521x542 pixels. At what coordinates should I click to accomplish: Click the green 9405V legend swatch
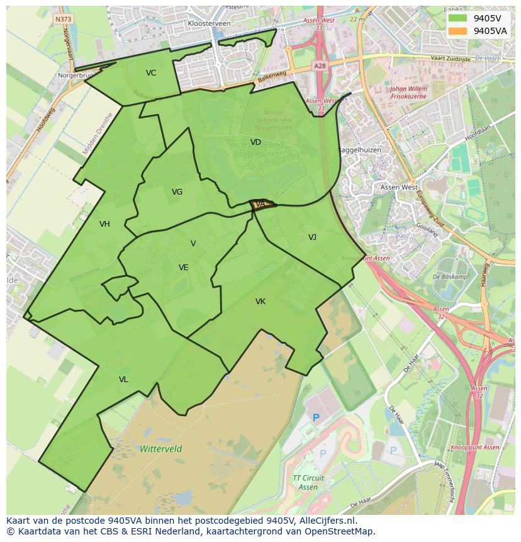coord(457,18)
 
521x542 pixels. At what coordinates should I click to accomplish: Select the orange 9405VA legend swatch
coord(457,30)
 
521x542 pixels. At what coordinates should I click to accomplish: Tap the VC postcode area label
coord(151,73)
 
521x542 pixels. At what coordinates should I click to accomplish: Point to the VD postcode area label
coord(255,142)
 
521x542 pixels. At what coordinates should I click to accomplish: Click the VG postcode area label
coord(177,192)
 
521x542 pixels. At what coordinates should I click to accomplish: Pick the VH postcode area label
coord(104,224)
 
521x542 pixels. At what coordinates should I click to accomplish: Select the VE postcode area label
coord(183,268)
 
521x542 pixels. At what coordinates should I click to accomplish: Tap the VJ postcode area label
coord(312,237)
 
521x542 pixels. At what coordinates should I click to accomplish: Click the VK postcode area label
coord(260,302)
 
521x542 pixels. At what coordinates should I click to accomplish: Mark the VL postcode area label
coord(123,380)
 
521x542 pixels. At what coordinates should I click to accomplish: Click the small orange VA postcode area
coord(262,204)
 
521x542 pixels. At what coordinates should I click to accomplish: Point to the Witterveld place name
coord(161,449)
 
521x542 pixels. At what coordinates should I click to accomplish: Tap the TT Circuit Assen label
coord(308,483)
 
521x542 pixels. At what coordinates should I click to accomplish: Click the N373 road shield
coord(63,20)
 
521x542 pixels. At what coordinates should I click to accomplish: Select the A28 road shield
coord(319,65)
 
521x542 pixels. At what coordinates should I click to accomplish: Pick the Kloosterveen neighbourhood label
coord(209,23)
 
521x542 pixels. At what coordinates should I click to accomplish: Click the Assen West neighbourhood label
coord(399,187)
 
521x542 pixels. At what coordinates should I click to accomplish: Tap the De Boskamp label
coord(450,277)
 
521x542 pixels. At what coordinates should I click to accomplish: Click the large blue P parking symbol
coord(316,417)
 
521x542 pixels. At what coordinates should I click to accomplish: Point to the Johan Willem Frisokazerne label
coord(408,93)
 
